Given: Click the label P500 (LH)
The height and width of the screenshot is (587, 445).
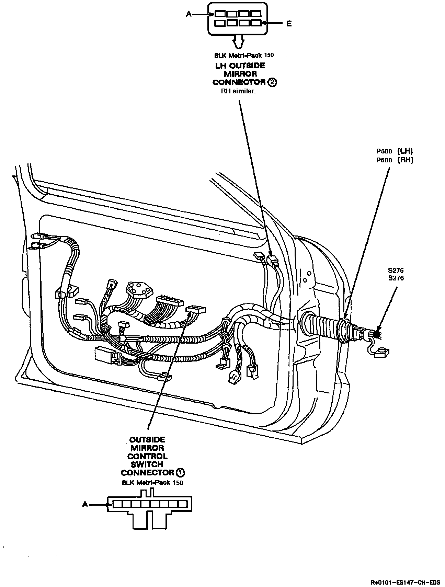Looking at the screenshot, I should click(x=395, y=151).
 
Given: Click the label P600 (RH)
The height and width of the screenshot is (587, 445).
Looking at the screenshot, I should click(x=395, y=160).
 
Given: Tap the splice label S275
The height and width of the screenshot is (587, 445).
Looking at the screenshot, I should click(x=396, y=271).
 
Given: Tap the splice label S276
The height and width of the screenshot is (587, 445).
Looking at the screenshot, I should click(x=396, y=278).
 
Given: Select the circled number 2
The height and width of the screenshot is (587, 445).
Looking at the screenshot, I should click(x=272, y=82).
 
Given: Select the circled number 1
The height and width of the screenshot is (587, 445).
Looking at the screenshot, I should click(x=181, y=473).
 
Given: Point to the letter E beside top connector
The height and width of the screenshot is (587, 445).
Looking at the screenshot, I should click(x=289, y=24).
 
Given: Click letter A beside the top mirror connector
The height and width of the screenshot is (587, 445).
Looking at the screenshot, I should click(x=189, y=14).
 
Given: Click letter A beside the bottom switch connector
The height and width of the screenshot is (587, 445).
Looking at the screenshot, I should click(x=85, y=504).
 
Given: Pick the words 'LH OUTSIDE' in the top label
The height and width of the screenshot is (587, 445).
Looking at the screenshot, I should click(x=240, y=66).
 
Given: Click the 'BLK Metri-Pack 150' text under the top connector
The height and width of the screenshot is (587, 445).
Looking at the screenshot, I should click(x=244, y=55).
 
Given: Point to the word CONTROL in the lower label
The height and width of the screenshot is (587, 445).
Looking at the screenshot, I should click(x=147, y=457).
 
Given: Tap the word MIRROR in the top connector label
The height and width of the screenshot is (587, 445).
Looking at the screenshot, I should click(x=240, y=74).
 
